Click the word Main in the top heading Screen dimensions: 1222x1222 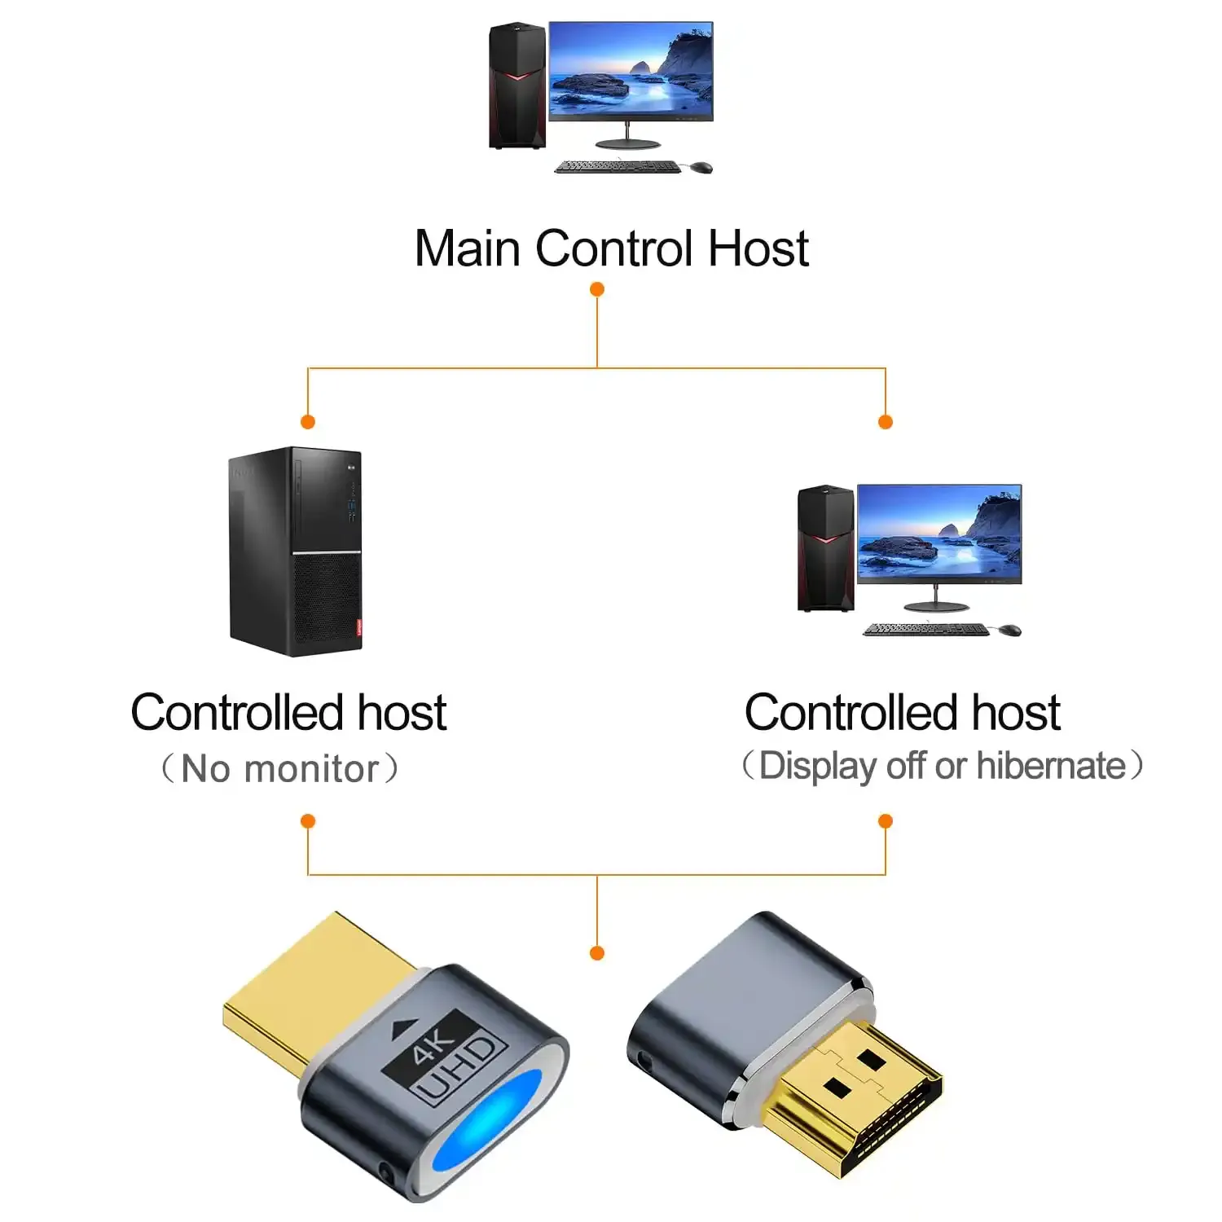[467, 248]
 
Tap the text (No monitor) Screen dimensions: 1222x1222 [279, 768]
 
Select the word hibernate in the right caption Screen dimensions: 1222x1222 [1051, 766]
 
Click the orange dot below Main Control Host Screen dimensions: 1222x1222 [597, 289]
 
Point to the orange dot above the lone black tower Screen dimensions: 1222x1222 [308, 421]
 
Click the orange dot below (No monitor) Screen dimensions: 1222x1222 [308, 820]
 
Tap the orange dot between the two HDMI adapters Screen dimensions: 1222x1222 [597, 952]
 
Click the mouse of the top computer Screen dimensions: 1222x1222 [700, 168]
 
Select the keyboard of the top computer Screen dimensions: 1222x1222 [617, 167]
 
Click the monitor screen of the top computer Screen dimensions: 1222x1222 [631, 71]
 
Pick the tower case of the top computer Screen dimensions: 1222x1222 [516, 86]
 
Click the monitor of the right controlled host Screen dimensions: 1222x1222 [938, 534]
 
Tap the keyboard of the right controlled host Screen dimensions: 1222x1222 [925, 630]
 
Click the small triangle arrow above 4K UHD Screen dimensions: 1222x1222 [402, 1027]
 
